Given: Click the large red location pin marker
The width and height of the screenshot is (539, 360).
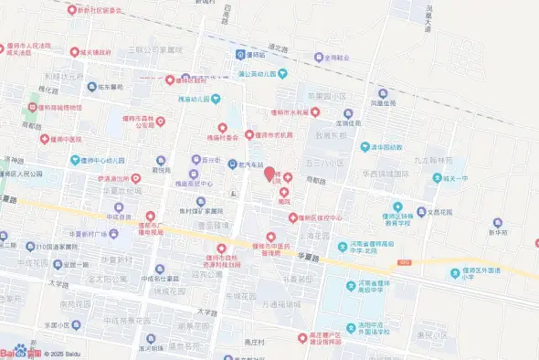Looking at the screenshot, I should [269, 174].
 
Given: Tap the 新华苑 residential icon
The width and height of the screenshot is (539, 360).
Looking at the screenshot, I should [498, 222].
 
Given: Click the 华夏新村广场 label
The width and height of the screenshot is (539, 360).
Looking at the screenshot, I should [80, 233].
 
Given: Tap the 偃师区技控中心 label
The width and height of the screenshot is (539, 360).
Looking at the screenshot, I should [315, 217].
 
